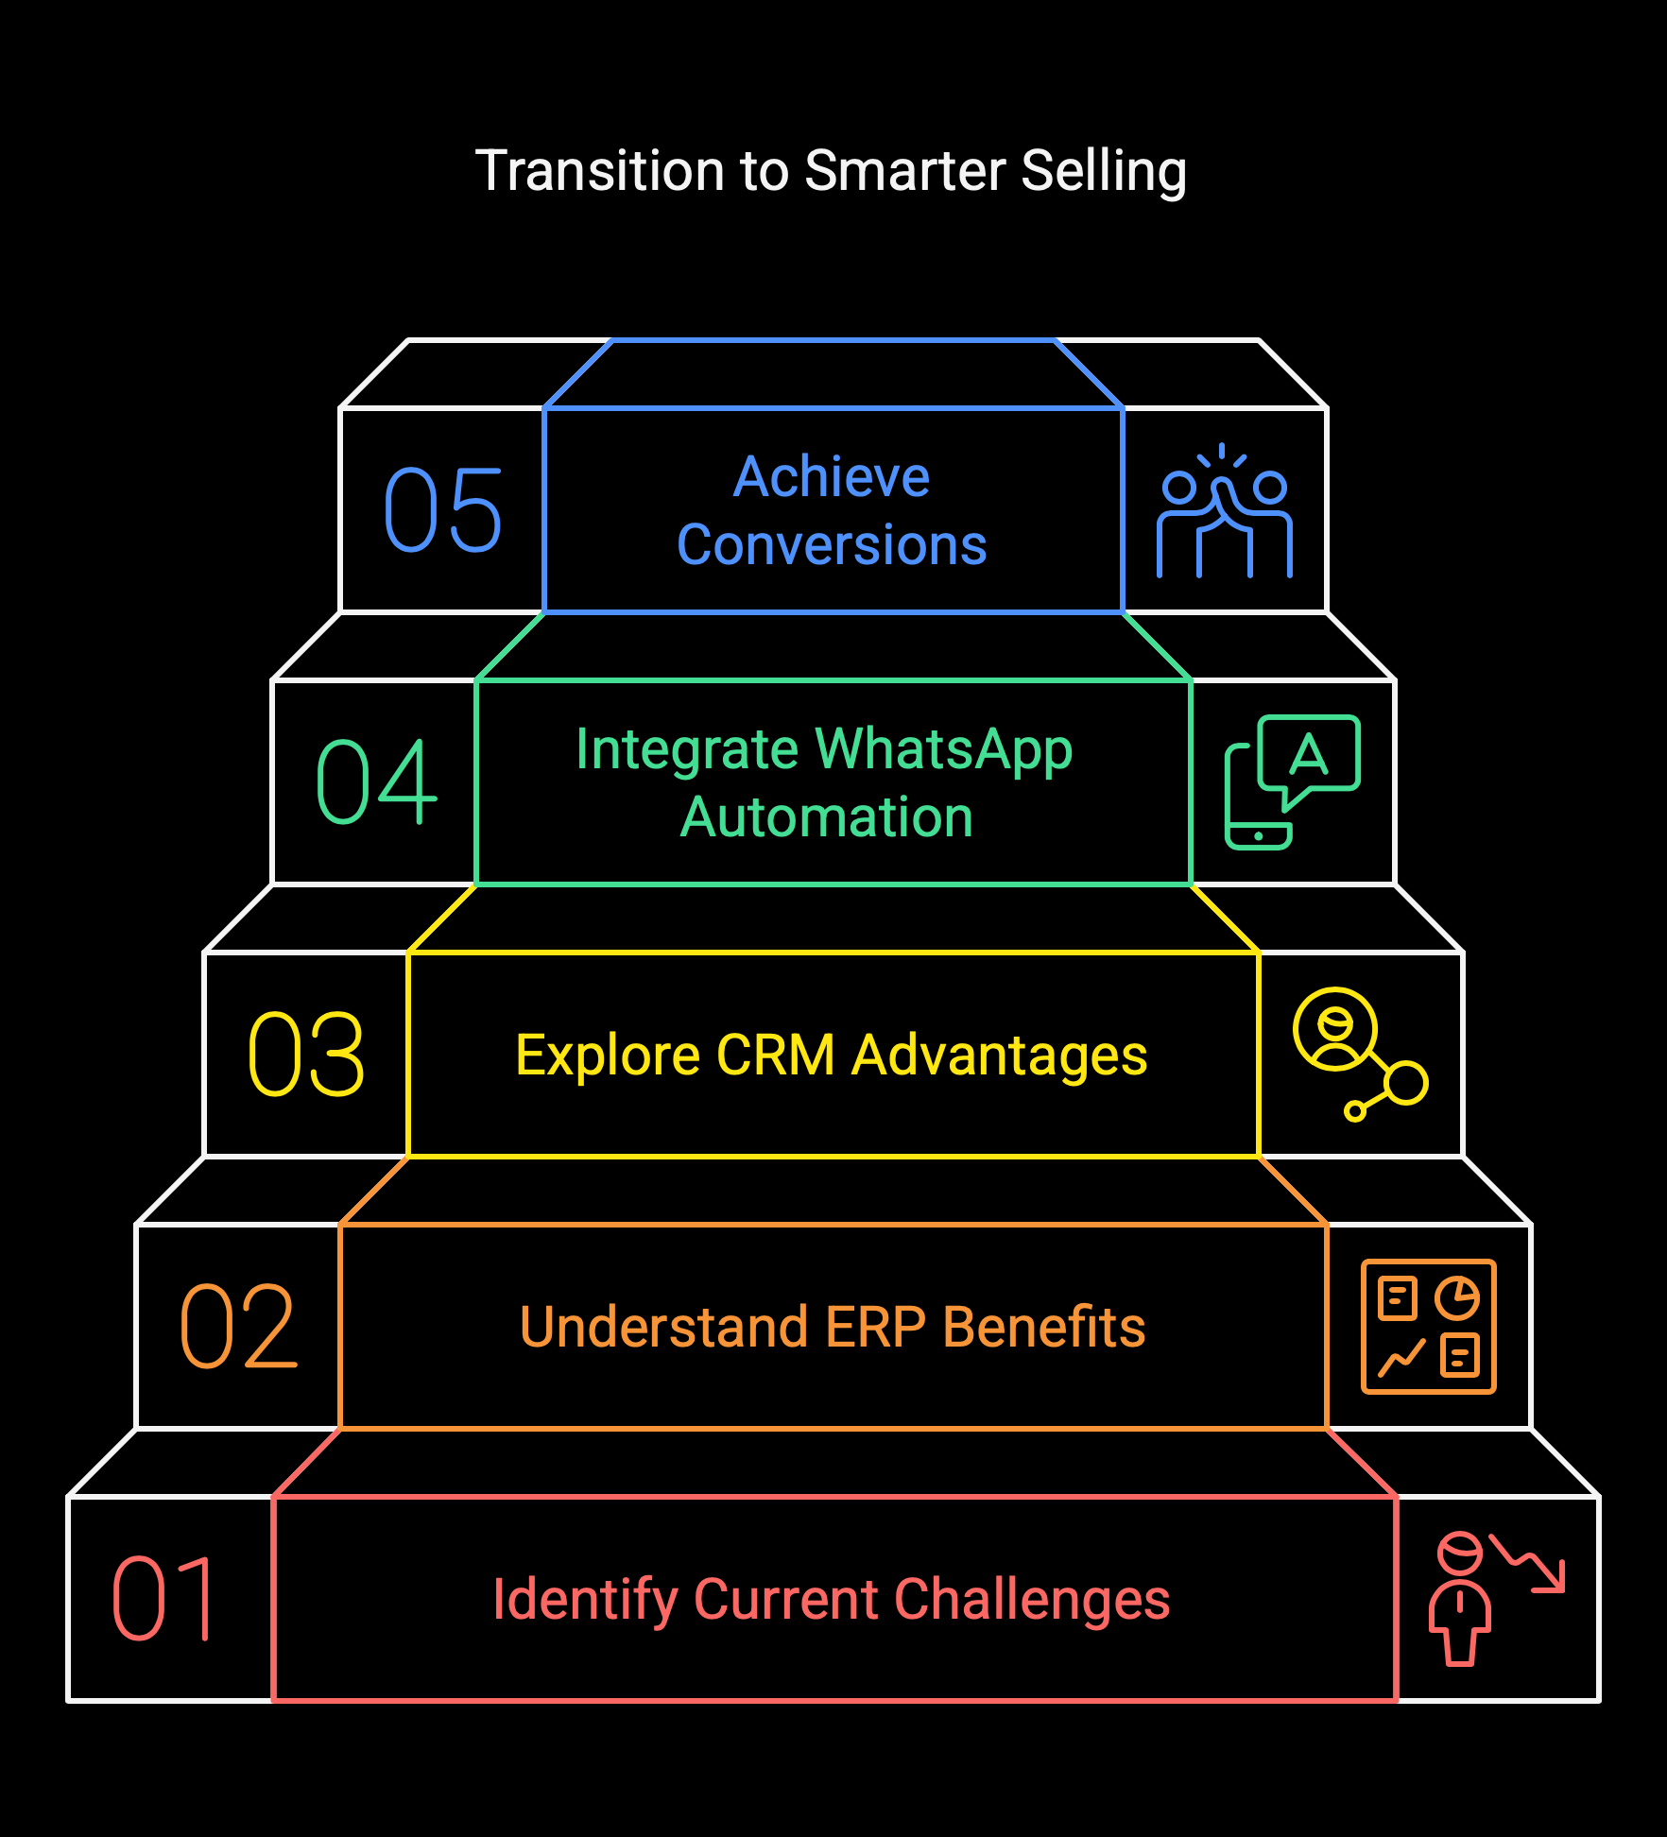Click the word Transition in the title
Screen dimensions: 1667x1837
[x=601, y=171]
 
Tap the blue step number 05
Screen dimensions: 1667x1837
[x=443, y=510]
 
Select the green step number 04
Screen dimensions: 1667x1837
[x=376, y=781]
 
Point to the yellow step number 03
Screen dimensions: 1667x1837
[x=306, y=1054]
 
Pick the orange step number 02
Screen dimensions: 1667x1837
[x=238, y=1326]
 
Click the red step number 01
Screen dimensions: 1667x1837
[x=163, y=1598]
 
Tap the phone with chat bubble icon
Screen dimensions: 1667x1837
[x=1292, y=782]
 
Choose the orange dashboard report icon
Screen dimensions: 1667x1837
[x=1429, y=1327]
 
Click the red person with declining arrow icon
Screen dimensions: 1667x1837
[x=1497, y=1599]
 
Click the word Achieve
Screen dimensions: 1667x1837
[x=832, y=476]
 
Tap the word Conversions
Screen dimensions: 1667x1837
[x=832, y=545]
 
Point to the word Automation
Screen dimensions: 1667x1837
[x=827, y=817]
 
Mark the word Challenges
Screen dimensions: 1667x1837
[x=1032, y=1600]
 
